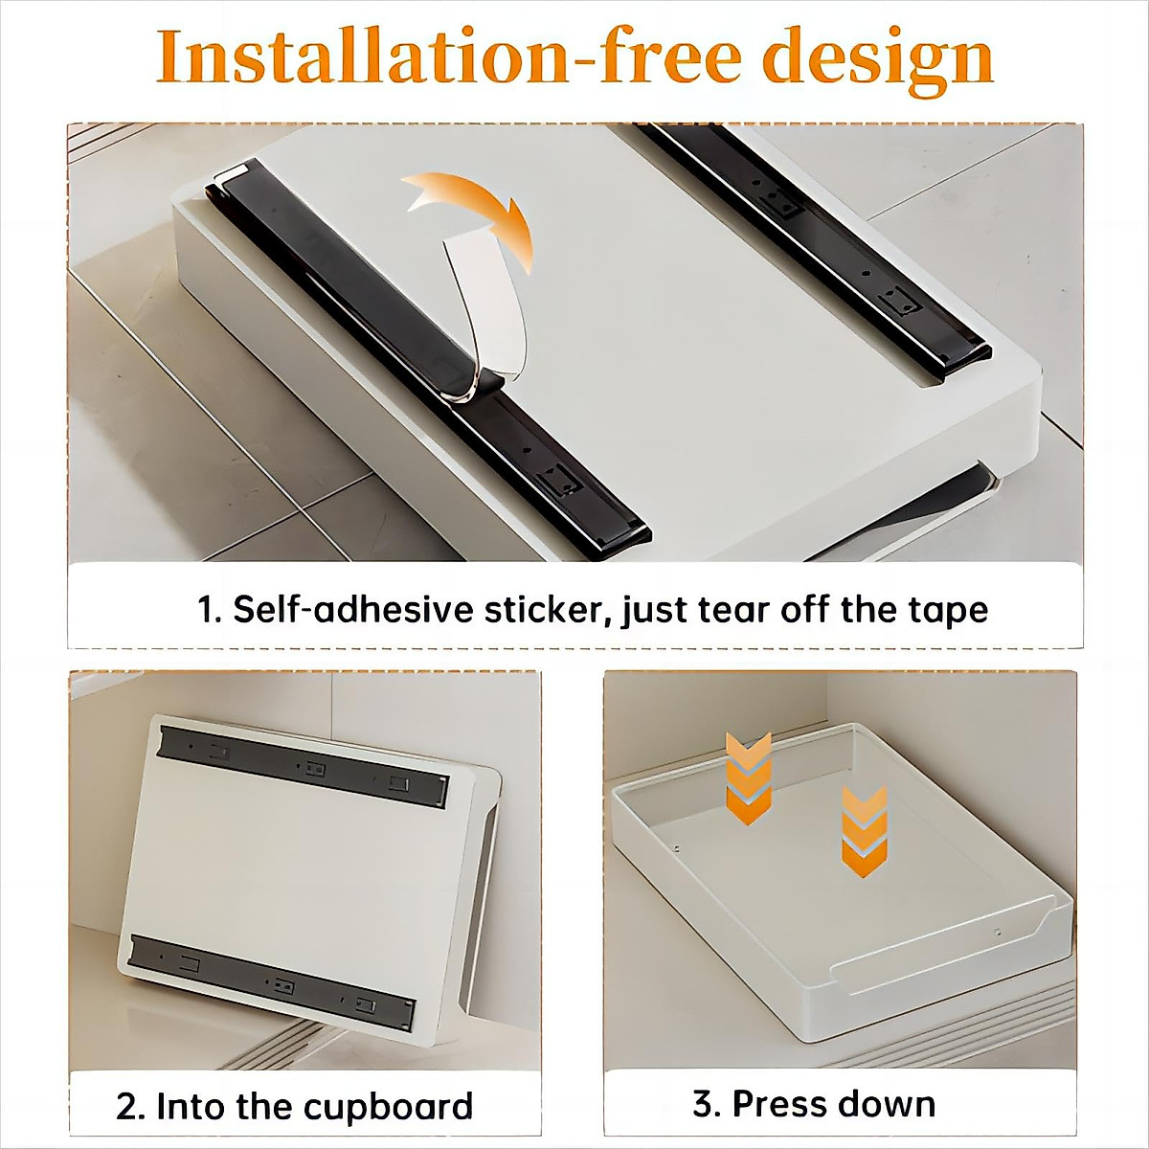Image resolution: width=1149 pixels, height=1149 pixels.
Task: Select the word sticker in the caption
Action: click(550, 610)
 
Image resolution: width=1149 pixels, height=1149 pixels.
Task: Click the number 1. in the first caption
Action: click(209, 610)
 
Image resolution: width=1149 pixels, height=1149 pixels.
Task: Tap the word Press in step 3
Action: click(777, 1103)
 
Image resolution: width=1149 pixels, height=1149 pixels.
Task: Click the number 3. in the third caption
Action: click(707, 1103)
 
